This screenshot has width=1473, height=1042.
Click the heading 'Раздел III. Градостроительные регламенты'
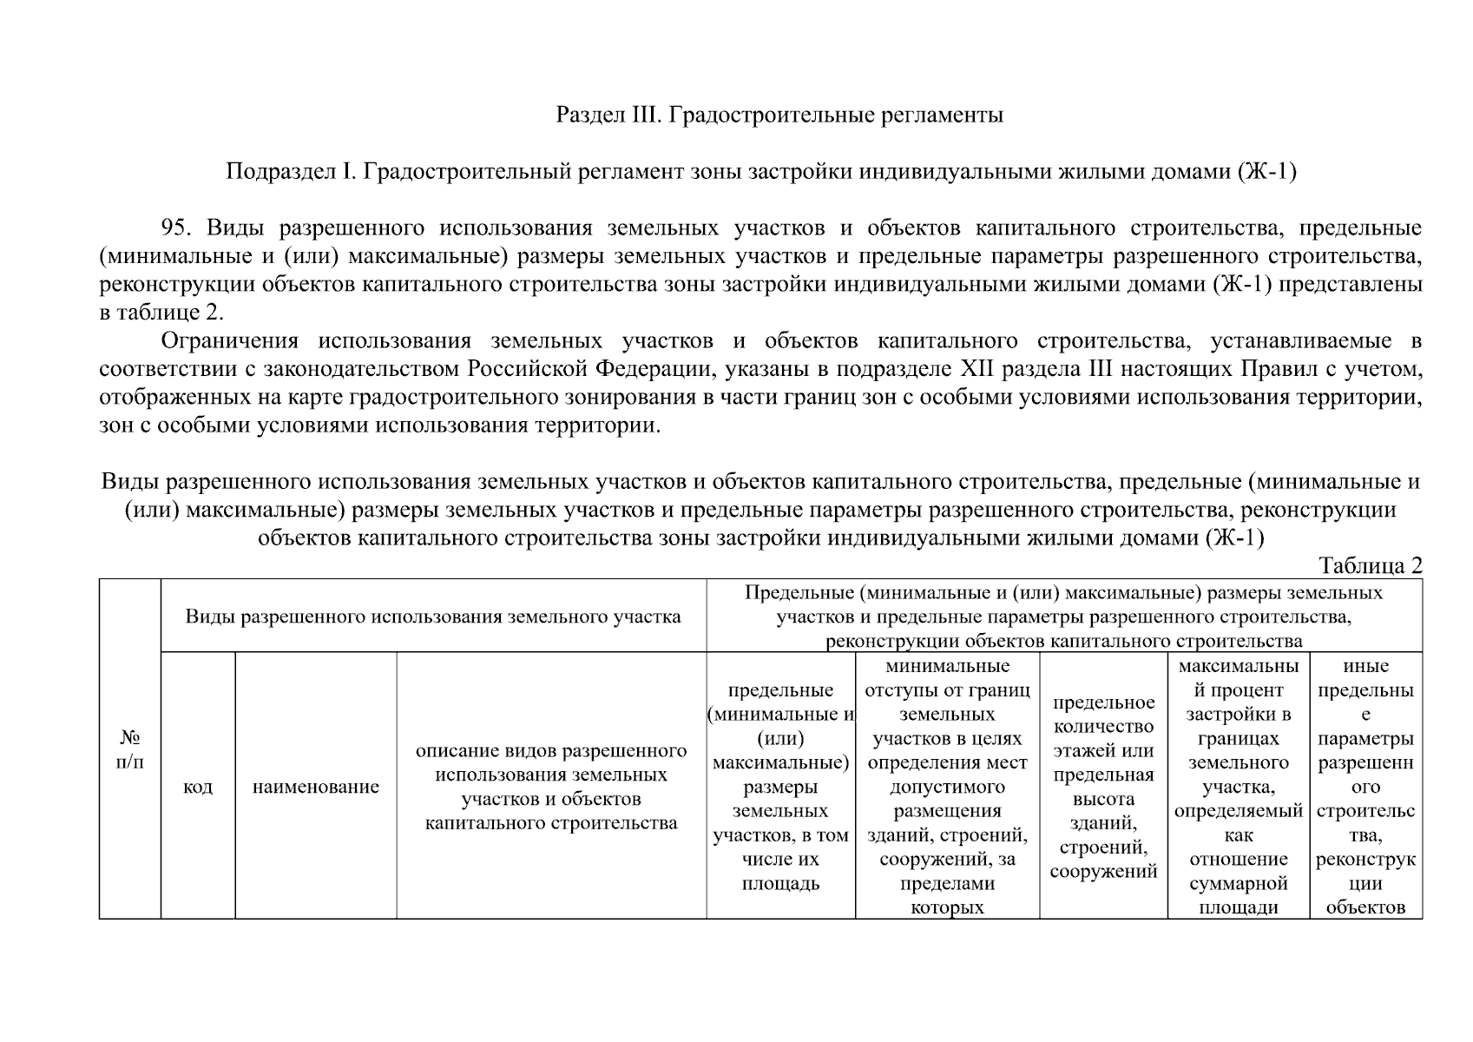click(x=779, y=115)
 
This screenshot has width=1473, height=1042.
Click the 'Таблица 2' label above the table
click(x=1371, y=566)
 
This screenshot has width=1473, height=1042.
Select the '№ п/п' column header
click(x=129, y=749)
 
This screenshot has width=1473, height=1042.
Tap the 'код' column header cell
click(x=198, y=787)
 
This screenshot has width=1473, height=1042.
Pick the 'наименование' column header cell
click(x=316, y=787)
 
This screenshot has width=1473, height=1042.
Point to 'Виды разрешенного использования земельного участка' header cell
click(x=433, y=617)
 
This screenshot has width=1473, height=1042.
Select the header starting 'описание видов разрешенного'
click(x=551, y=787)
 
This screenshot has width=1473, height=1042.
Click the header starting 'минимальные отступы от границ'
click(x=947, y=787)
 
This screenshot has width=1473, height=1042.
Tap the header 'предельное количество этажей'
click(x=1103, y=787)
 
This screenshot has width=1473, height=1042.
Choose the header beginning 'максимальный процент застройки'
click(x=1239, y=787)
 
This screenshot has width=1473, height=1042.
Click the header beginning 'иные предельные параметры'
click(x=1365, y=787)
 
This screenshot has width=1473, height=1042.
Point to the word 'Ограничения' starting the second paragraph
click(x=230, y=340)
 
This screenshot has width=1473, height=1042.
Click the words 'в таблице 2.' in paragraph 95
click(x=162, y=313)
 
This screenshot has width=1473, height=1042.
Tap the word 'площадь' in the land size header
click(x=780, y=884)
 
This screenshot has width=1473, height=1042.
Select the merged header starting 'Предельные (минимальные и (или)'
click(x=1063, y=617)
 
